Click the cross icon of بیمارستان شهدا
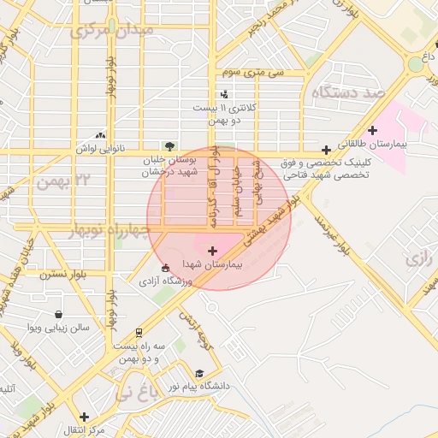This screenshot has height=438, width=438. coord(212,251)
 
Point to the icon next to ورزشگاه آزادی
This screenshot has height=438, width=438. coord(165,268)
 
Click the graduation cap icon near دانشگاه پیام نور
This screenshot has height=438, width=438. coord(199,373)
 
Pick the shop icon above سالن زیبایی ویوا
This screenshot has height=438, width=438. coord(57,314)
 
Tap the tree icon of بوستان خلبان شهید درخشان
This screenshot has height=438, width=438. coord(169,145)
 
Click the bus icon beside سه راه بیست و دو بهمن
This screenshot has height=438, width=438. coord(139,332)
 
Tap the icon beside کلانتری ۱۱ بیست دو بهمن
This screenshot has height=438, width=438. coord(224,94)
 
